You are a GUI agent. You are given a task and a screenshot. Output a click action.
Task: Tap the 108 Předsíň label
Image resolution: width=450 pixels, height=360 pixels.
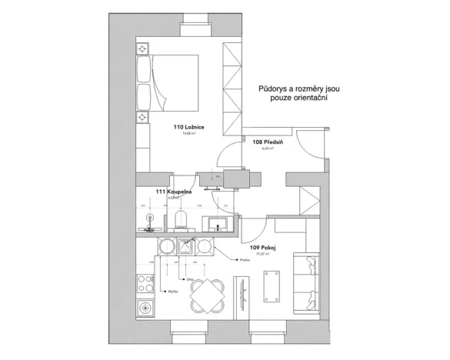[268, 142]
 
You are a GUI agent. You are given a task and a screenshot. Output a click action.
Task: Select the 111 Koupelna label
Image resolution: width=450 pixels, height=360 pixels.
[174, 191]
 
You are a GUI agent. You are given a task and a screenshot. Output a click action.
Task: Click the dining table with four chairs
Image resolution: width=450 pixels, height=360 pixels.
[206, 292]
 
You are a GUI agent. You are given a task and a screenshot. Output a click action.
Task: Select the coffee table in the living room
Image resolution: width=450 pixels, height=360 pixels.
[269, 278]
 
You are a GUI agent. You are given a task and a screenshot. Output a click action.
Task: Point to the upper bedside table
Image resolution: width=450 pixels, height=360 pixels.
[143, 49]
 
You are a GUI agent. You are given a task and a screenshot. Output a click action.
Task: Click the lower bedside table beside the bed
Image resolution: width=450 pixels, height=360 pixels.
[143, 117]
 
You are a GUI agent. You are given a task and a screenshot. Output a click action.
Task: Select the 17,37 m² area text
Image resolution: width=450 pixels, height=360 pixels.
[262, 253]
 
